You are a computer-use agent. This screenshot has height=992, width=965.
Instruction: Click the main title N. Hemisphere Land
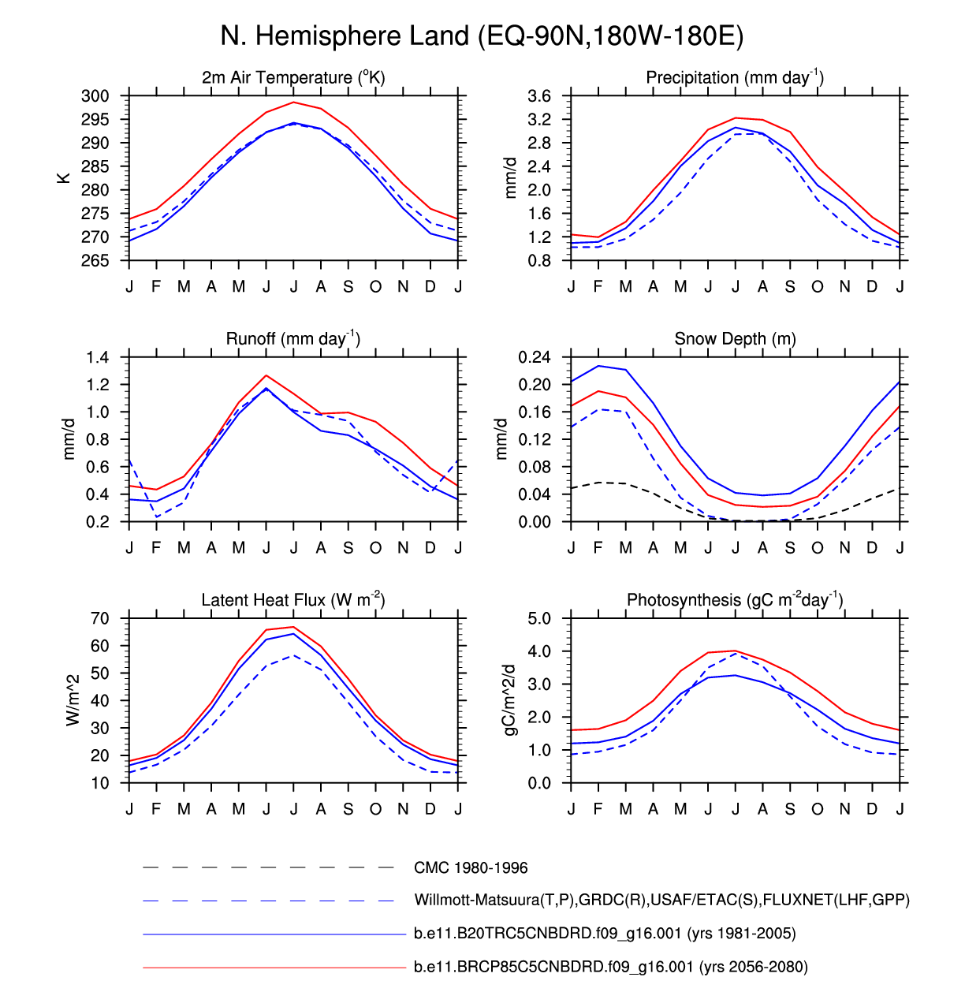(482, 36)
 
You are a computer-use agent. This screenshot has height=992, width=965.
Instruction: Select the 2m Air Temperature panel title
(293, 77)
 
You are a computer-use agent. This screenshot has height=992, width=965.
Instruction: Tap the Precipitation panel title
(735, 77)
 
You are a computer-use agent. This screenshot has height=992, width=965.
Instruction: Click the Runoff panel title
(293, 338)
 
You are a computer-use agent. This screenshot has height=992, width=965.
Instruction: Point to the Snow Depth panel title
(735, 338)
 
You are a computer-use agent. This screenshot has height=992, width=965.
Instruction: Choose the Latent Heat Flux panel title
(293, 600)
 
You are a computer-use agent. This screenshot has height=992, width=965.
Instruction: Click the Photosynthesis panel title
(735, 600)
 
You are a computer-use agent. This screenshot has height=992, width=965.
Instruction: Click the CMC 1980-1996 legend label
(471, 867)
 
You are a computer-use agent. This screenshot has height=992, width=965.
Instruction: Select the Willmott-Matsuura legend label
(661, 900)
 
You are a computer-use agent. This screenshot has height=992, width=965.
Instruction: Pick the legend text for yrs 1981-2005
(605, 934)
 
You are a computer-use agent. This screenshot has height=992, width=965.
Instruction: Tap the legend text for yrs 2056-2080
(610, 967)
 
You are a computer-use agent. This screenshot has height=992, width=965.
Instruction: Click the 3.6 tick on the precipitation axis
(539, 96)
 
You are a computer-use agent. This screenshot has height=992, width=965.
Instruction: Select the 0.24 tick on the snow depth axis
(534, 357)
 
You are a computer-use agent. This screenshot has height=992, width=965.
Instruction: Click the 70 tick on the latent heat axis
(99, 618)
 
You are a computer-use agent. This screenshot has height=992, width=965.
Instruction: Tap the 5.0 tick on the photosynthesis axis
(539, 618)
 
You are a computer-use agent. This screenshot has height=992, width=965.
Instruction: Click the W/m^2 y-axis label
(73, 700)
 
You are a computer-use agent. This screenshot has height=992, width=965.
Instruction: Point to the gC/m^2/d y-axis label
(511, 700)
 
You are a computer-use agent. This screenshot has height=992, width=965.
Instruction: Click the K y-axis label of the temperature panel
(64, 178)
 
